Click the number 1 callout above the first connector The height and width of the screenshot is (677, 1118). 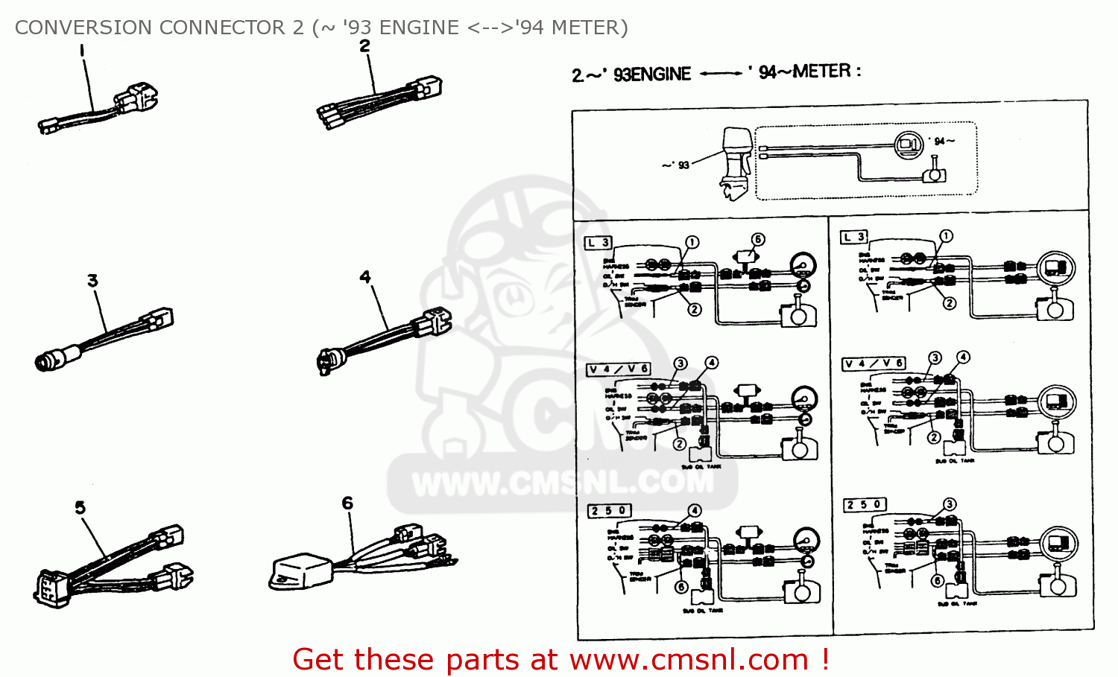click(x=82, y=51)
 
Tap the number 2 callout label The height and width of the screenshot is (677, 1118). click(x=364, y=46)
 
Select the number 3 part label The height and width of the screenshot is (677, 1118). click(x=92, y=281)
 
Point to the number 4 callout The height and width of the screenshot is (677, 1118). click(x=364, y=277)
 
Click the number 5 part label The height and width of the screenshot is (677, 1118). click(x=80, y=508)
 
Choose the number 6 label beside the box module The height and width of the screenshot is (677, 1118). click(x=347, y=503)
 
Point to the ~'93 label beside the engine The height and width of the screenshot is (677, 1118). click(x=676, y=165)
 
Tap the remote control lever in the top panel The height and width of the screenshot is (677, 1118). click(x=934, y=171)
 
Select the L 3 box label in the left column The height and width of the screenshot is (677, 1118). click(x=599, y=242)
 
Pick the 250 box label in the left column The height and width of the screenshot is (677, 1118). click(x=610, y=511)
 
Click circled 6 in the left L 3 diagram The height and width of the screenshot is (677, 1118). click(x=757, y=239)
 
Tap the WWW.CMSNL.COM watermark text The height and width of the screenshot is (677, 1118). click(x=563, y=484)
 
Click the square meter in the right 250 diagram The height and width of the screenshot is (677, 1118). click(x=1058, y=542)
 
